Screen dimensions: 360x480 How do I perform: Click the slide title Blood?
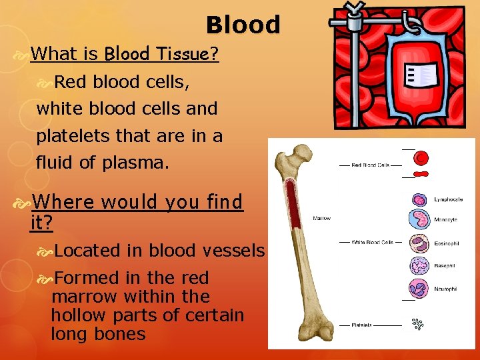(x=243, y=25)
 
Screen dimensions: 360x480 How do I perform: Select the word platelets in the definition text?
(x=70, y=135)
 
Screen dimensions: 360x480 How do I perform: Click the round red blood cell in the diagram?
(x=421, y=158)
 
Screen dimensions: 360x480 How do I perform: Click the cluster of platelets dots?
(x=418, y=325)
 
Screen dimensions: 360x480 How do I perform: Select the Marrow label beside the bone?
(x=321, y=218)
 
